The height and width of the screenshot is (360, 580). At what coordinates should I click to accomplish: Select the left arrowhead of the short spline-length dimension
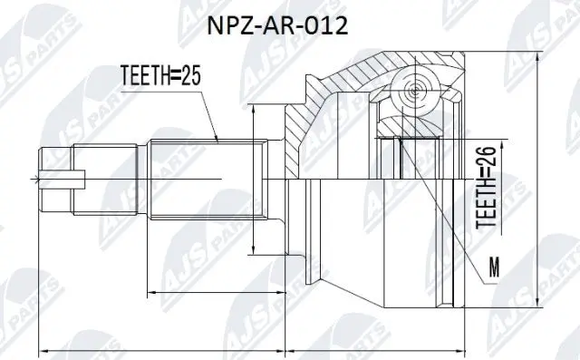click(150, 293)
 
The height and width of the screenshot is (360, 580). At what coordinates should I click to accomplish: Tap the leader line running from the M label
click(449, 209)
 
